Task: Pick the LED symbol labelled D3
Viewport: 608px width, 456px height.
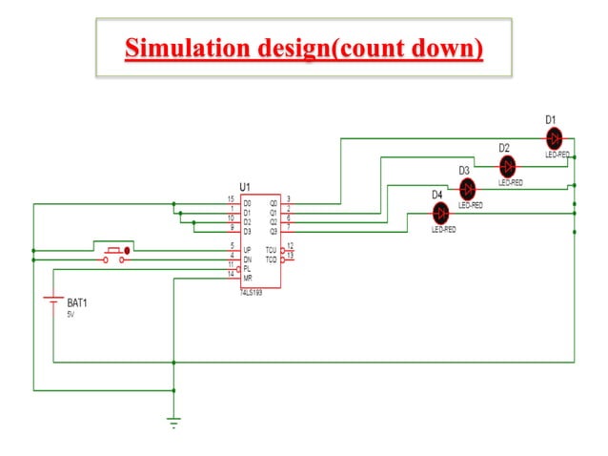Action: click(x=468, y=188)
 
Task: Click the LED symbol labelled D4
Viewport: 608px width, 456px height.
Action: click(x=439, y=213)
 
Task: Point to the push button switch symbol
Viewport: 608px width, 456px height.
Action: click(x=115, y=252)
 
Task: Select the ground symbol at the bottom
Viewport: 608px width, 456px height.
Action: click(x=173, y=421)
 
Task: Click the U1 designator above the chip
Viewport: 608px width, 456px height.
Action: click(x=245, y=187)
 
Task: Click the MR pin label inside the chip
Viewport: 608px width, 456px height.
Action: click(x=247, y=277)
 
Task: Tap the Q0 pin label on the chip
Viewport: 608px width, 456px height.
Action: click(x=274, y=203)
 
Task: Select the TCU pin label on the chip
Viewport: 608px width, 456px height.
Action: click(x=271, y=249)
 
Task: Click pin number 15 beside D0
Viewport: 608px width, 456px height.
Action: click(x=231, y=199)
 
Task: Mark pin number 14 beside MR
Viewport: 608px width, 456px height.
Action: click(x=231, y=274)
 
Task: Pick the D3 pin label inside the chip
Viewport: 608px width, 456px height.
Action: click(x=247, y=230)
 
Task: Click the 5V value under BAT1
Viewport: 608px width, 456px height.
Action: click(x=71, y=314)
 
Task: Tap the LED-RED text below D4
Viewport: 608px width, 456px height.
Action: click(x=444, y=230)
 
